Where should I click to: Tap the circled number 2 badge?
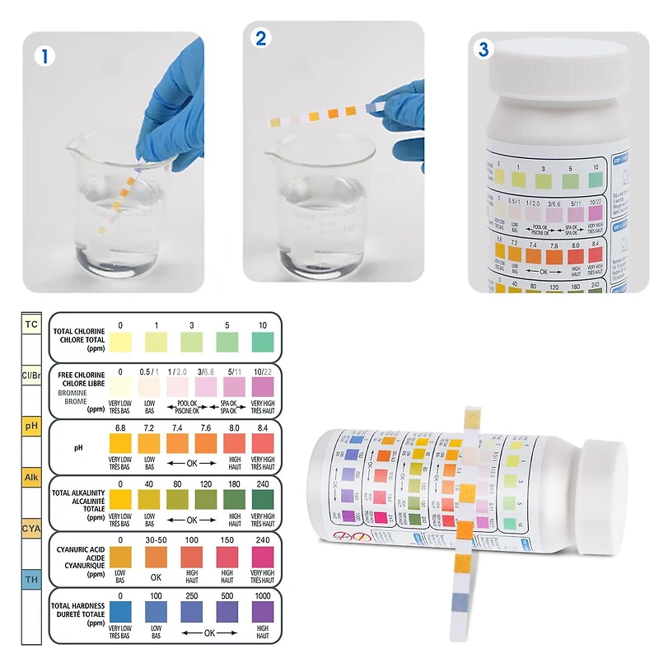[x=261, y=40]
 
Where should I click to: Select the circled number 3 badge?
[x=484, y=49]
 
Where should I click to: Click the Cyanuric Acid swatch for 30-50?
[x=157, y=556]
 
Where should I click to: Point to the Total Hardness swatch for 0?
[x=120, y=611]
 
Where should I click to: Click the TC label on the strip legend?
[x=31, y=324]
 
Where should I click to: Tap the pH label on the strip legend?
[x=31, y=427]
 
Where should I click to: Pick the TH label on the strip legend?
[x=31, y=581]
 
